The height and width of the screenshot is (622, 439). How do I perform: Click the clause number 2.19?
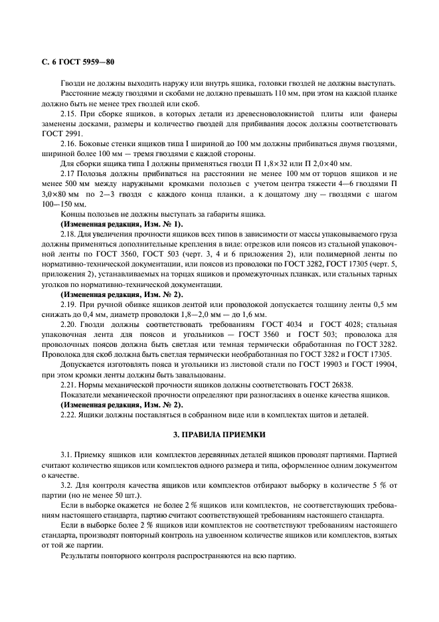point(70,304)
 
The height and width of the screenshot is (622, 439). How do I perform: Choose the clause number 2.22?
point(70,415)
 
